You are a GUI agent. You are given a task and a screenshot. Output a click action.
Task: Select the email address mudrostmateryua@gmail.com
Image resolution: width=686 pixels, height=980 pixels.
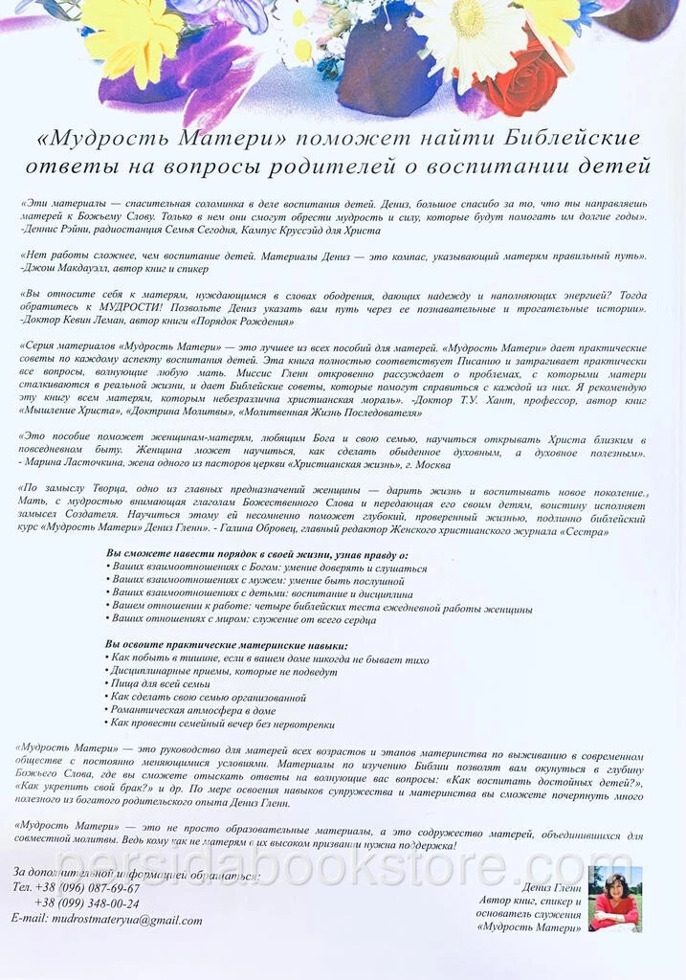pyautogui.click(x=106, y=921)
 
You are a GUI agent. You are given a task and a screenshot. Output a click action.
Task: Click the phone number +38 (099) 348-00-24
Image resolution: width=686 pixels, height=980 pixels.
pyautogui.click(x=86, y=903)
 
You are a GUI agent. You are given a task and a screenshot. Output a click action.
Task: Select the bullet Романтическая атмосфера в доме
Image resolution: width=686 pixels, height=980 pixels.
pyautogui.click(x=192, y=710)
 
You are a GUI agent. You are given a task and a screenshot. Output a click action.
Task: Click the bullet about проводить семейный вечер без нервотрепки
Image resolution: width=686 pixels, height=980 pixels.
pyautogui.click(x=222, y=724)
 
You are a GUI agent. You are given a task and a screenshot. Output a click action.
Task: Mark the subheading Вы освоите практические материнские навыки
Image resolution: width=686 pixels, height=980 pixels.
pyautogui.click(x=226, y=645)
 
